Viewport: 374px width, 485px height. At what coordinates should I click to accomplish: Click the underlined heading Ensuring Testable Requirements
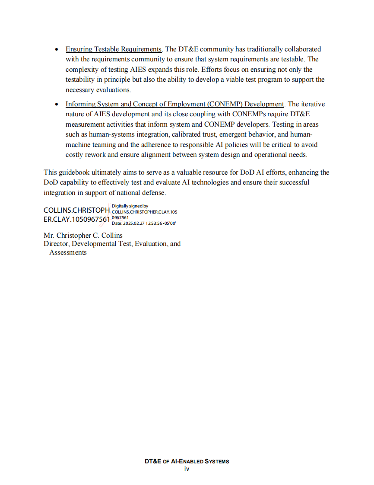point(114,49)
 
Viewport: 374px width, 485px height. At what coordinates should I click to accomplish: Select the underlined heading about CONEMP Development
point(174,104)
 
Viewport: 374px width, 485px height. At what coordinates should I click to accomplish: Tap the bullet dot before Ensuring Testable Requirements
point(57,50)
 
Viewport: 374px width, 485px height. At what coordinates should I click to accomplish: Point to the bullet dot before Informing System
point(57,105)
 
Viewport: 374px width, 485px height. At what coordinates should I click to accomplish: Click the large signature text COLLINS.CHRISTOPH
point(76,210)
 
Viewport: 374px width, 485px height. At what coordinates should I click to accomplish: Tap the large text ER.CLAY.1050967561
point(76,219)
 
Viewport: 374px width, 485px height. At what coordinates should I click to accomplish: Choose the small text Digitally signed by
point(130,206)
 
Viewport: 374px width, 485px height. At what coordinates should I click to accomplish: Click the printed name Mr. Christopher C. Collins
point(83,236)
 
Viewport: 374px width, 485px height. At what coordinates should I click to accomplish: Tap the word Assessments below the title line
point(68,252)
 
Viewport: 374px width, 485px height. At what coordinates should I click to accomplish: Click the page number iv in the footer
point(187,469)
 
